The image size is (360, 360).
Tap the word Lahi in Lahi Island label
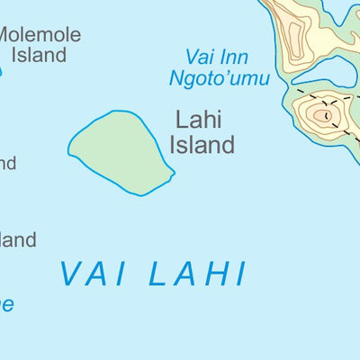[198, 121]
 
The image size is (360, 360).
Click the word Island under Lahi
[204, 144]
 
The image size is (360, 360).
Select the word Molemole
[40, 36]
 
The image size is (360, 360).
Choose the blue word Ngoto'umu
[219, 78]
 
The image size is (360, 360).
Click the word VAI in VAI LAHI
[94, 274]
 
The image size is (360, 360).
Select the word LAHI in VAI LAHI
[196, 274]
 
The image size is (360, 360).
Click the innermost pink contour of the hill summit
[321, 114]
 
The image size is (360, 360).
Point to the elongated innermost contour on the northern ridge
[292, 36]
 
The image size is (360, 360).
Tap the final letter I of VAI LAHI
[240, 274]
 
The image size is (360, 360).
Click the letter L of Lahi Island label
[180, 121]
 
